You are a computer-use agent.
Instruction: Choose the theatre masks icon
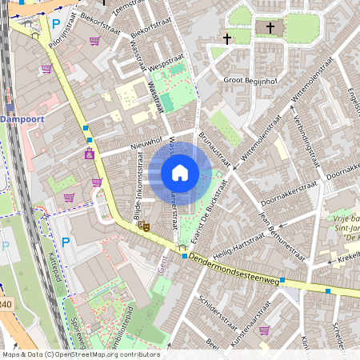(146, 227)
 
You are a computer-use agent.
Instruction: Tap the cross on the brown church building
(270, 29)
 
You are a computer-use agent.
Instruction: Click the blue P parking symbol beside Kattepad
(66, 242)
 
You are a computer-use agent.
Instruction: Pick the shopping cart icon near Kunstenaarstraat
(264, 330)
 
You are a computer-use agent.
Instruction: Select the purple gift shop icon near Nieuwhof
(90, 154)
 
